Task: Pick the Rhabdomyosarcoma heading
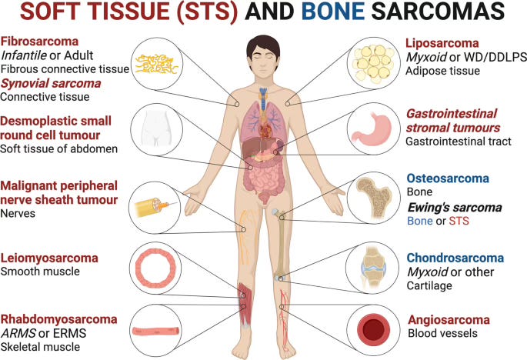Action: click(x=59, y=318)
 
